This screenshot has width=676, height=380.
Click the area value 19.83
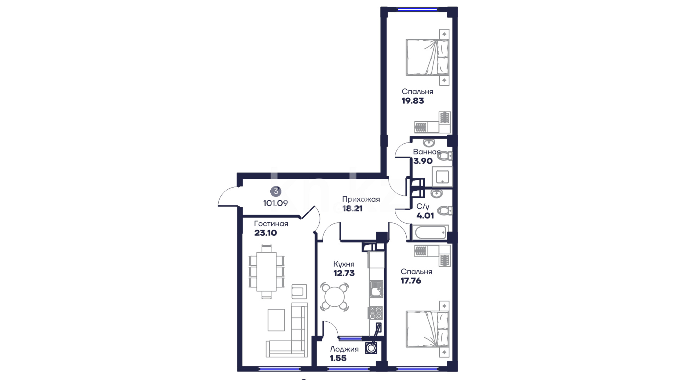pos(413,101)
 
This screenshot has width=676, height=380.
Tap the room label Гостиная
pos(271,224)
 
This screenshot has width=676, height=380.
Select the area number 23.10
pos(265,233)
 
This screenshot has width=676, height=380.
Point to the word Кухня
pos(344,264)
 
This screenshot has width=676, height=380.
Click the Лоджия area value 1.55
pos(338,358)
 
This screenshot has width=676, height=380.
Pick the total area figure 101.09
pos(275,203)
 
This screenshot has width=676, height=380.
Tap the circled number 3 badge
pos(276,191)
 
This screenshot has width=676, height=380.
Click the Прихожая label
pos(361,199)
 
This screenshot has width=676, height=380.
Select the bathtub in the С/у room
pos(430,232)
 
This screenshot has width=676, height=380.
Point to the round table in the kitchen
pos(334,297)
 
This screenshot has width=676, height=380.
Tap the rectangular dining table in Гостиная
pos(267,271)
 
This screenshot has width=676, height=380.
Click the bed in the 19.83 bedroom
pos(427,57)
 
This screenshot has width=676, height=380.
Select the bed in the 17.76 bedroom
pos(427,329)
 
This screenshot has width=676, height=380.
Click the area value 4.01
pos(425,216)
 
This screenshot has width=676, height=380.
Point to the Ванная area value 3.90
pos(423,161)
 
